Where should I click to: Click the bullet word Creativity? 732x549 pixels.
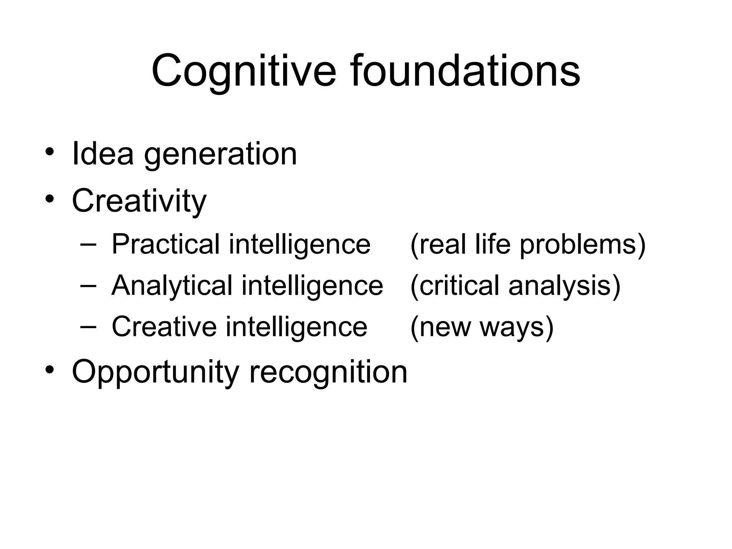139,201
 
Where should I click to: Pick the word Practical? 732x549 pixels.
165,244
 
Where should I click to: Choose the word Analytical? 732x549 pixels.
172,286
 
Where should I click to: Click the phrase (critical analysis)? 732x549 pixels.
515,286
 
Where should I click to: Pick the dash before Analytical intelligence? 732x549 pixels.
88,286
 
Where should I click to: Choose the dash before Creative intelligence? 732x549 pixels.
88,327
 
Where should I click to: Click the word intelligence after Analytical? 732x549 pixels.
312,286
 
